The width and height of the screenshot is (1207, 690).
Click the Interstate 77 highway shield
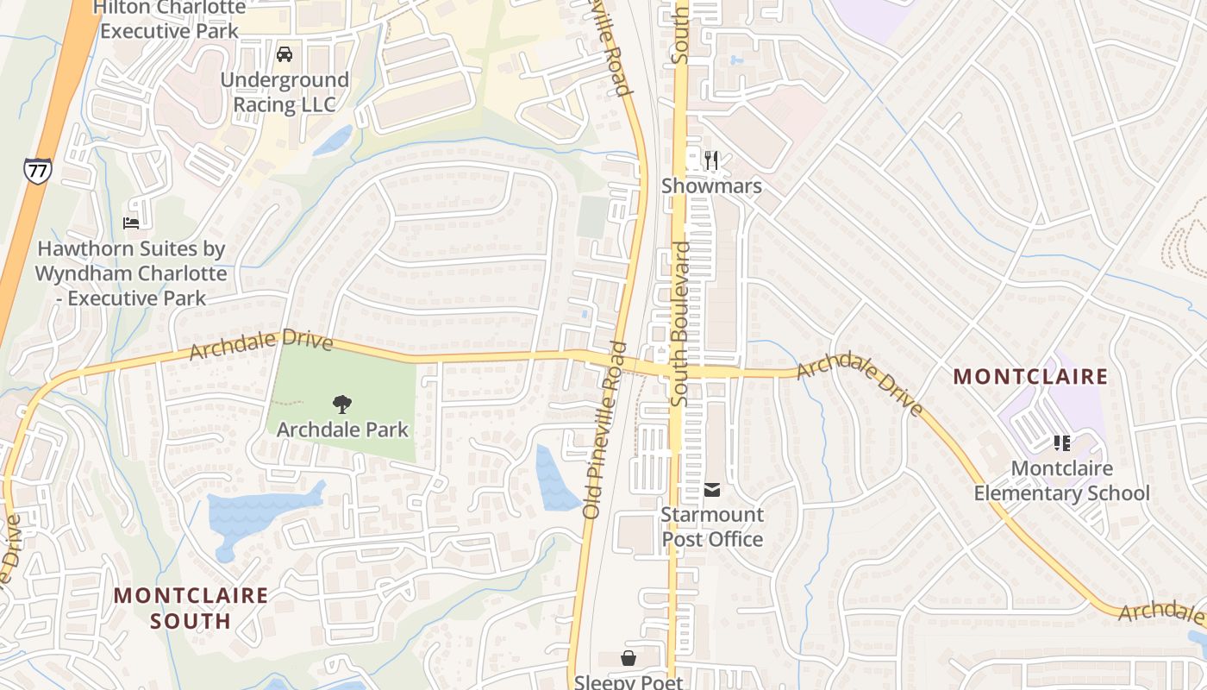click(37, 169)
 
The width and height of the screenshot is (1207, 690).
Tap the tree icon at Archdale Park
click(342, 404)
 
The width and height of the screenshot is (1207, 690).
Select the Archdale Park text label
click(342, 429)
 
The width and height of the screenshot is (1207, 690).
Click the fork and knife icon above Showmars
click(711, 160)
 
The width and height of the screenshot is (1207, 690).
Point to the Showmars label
click(711, 186)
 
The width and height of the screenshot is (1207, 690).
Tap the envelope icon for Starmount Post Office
click(712, 490)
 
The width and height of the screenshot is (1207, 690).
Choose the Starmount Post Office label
click(712, 527)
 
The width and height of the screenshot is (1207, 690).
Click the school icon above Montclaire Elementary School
click(1062, 443)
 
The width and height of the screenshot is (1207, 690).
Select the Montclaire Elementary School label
click(1062, 481)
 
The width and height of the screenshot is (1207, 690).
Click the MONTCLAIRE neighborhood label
click(1030, 377)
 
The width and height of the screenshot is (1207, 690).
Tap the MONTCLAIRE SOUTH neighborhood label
click(191, 607)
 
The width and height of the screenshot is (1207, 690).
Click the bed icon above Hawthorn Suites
click(131, 223)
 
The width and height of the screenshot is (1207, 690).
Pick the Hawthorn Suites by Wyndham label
click(131, 273)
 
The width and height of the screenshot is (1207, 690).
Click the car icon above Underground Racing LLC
click(284, 54)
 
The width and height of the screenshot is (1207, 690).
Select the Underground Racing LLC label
click(285, 92)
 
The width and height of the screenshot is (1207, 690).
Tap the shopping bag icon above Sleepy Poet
click(629, 658)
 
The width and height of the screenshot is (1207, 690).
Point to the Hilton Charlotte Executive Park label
click(169, 19)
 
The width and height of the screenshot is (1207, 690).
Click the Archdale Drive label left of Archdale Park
click(260, 343)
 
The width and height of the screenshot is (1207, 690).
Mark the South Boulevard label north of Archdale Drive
click(681, 323)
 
